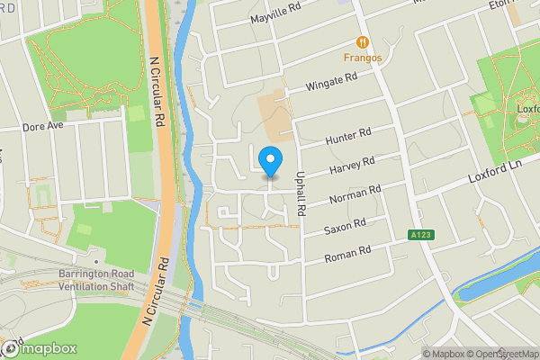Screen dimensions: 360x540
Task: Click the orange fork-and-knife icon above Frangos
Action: point(362,41)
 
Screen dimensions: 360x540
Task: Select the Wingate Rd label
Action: point(333,82)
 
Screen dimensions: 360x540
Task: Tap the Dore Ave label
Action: point(43,127)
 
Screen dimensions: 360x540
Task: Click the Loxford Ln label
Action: point(495,171)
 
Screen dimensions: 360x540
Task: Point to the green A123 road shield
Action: point(418,235)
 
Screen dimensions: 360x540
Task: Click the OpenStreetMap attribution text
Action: point(499,354)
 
